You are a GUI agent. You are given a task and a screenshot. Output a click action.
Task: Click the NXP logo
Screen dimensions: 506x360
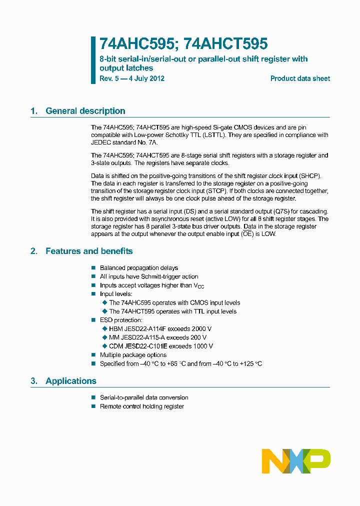(x=296, y=461)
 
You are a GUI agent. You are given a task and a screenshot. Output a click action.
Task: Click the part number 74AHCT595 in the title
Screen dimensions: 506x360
(x=225, y=44)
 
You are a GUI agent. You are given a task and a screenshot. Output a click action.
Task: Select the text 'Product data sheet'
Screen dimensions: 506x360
(x=300, y=78)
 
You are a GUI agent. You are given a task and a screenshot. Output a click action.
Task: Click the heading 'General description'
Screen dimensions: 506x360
(x=85, y=111)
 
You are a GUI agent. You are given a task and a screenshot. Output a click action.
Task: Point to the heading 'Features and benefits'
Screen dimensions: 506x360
(x=89, y=251)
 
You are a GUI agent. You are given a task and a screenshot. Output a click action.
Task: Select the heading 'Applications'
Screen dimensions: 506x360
(x=71, y=381)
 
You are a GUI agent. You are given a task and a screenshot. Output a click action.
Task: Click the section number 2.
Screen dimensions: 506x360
(x=33, y=251)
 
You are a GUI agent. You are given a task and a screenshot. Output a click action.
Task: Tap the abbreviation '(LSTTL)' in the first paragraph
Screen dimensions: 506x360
(x=215, y=135)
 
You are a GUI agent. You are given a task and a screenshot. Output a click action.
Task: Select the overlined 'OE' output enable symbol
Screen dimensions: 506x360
(x=247, y=234)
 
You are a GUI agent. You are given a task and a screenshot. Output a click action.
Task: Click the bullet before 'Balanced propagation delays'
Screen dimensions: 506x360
(x=93, y=268)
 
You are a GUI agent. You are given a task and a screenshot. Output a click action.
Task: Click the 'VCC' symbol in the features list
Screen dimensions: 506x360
(x=199, y=285)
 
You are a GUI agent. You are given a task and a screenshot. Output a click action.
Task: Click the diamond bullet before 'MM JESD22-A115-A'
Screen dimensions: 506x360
(x=104, y=337)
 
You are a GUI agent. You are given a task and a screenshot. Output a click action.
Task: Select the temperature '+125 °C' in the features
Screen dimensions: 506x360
(x=251, y=363)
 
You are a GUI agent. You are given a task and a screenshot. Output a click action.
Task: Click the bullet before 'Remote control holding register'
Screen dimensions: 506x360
(x=93, y=406)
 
